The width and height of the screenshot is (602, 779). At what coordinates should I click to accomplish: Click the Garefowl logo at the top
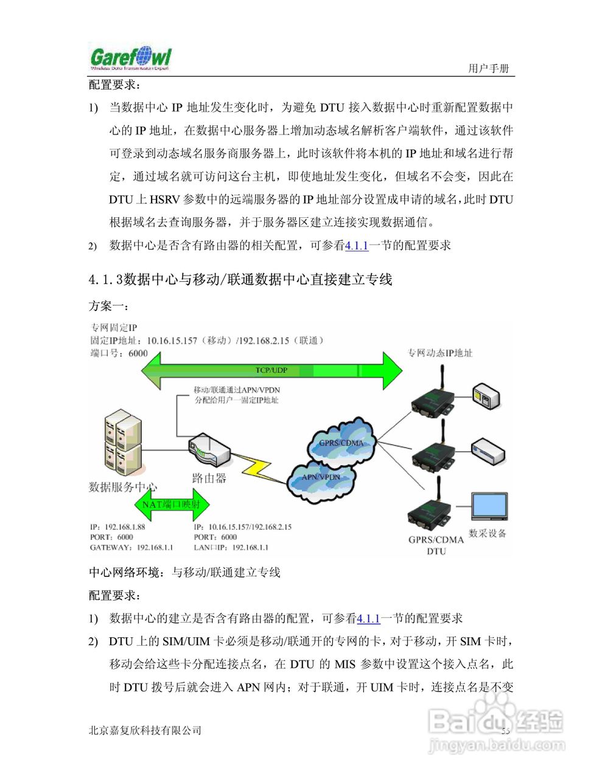(x=130, y=58)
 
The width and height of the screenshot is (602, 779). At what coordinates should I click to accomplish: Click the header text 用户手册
(x=488, y=68)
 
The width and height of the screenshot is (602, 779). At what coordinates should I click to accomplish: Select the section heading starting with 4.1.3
(x=240, y=279)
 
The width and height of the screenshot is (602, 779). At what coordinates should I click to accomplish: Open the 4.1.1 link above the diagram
(x=357, y=246)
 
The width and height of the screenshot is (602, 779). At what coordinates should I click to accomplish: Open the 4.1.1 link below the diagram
(x=368, y=619)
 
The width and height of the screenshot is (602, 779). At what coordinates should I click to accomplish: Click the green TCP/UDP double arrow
(x=271, y=370)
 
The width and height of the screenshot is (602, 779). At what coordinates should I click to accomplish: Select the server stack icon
(x=122, y=442)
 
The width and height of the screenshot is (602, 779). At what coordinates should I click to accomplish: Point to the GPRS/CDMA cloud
(x=341, y=442)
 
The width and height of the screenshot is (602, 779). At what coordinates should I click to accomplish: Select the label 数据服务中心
(x=122, y=487)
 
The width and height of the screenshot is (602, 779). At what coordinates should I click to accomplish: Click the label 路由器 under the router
(x=209, y=478)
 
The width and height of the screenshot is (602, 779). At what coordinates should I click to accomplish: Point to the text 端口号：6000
(x=119, y=353)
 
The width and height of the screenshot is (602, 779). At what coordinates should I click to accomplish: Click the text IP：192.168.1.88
(x=117, y=527)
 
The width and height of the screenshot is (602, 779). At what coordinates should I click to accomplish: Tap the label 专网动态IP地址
(x=439, y=353)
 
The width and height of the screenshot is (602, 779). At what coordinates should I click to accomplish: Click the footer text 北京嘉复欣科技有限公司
(x=145, y=730)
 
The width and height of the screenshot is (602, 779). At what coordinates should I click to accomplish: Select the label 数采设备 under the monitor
(x=488, y=534)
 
